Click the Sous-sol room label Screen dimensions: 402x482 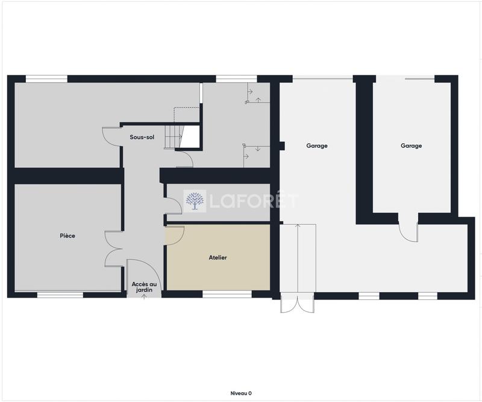click(142, 137)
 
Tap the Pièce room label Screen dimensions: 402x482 click(67, 235)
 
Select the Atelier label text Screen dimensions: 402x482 click(218, 257)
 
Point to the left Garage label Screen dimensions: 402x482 click(317, 145)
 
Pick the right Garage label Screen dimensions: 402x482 click(412, 145)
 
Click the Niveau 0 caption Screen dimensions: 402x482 click(241, 393)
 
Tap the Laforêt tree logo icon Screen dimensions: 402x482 click(194, 202)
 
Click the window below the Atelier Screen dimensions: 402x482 click(227, 295)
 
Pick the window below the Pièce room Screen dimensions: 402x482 click(60, 295)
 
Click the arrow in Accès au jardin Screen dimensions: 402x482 click(144, 297)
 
